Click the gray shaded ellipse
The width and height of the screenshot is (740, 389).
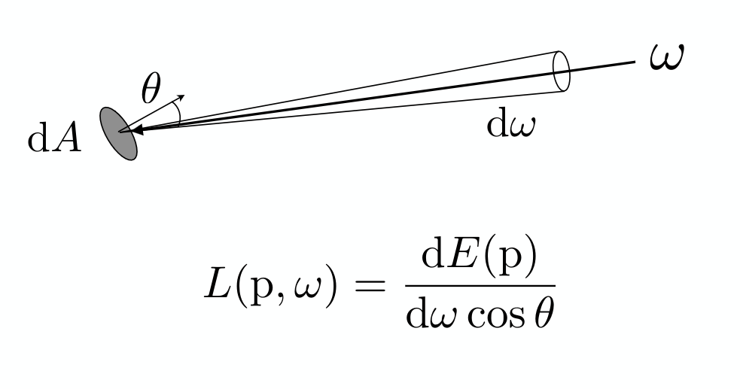tap(118, 134)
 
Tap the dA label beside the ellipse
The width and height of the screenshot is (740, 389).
tap(55, 138)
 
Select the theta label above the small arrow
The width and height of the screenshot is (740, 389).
tap(151, 88)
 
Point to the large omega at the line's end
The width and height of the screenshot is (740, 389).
tap(667, 57)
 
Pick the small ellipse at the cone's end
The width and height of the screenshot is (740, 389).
tap(561, 71)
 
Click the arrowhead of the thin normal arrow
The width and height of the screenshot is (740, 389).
tap(180, 97)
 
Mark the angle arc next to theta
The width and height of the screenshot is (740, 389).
tap(177, 114)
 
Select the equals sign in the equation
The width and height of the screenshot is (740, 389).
tap(370, 286)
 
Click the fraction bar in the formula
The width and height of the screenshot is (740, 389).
tap(480, 286)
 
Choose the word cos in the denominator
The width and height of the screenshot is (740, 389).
tap(495, 317)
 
